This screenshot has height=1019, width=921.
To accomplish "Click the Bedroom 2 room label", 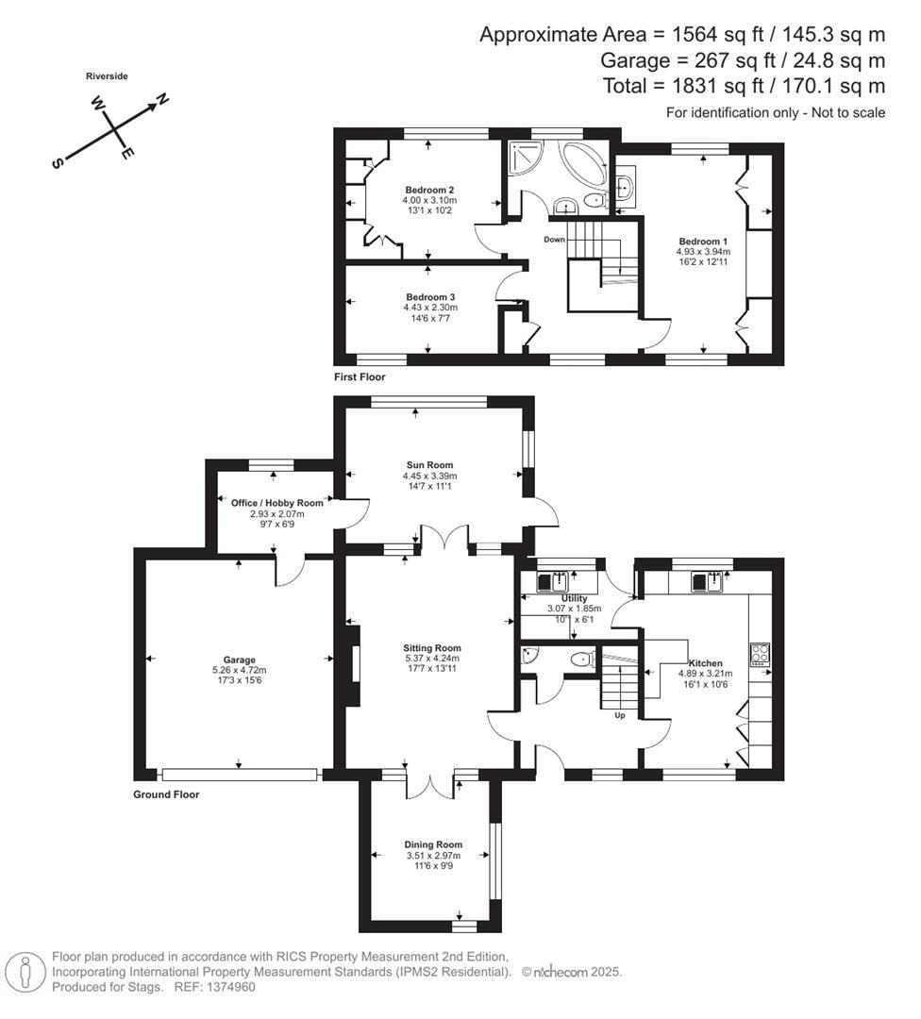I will (x=429, y=190).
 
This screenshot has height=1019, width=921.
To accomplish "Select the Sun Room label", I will (x=430, y=464).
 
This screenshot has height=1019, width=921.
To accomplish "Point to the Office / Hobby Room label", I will (x=276, y=503).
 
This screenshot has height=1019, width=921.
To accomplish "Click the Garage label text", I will (x=239, y=660).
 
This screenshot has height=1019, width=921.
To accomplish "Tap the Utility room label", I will (x=574, y=598).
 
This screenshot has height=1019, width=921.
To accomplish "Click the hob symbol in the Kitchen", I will (x=760, y=653).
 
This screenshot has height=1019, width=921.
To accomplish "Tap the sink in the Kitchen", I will (x=708, y=581).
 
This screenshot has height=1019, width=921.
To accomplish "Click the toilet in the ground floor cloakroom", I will (x=582, y=659).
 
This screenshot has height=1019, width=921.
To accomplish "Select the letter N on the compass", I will (x=161, y=99).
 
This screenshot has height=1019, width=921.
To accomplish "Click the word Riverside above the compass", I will (x=107, y=75).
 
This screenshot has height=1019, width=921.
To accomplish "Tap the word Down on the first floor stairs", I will (x=554, y=239).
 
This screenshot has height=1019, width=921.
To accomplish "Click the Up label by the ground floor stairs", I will (x=619, y=715).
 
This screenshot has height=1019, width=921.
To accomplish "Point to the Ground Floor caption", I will (x=166, y=794).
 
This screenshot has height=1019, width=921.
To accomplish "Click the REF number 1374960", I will (x=229, y=987).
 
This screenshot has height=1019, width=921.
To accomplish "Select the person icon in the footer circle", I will (x=25, y=971).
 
